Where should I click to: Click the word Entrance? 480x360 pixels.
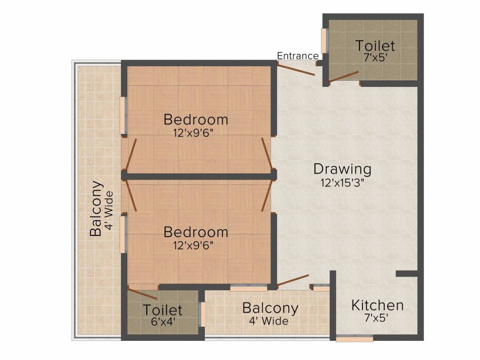(x=298, y=56)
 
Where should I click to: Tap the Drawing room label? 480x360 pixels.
(x=342, y=169)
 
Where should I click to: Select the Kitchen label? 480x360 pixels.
(x=377, y=306)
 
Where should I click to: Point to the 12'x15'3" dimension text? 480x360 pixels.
(x=343, y=182)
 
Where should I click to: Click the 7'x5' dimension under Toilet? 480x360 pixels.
(x=375, y=59)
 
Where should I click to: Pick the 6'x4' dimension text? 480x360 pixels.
(x=162, y=322)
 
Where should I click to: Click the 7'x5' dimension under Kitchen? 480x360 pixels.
(x=377, y=317)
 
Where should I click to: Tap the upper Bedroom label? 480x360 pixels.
(x=195, y=120)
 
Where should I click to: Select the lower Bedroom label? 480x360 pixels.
(x=195, y=232)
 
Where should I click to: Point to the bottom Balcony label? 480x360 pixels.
(x=270, y=308)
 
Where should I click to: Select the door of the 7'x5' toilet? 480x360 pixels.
(x=344, y=77)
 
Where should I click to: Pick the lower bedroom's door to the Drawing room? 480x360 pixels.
(x=266, y=197)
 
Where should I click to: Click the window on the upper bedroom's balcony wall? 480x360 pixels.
(x=123, y=115)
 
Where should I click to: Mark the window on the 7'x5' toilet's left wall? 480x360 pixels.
(x=324, y=41)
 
